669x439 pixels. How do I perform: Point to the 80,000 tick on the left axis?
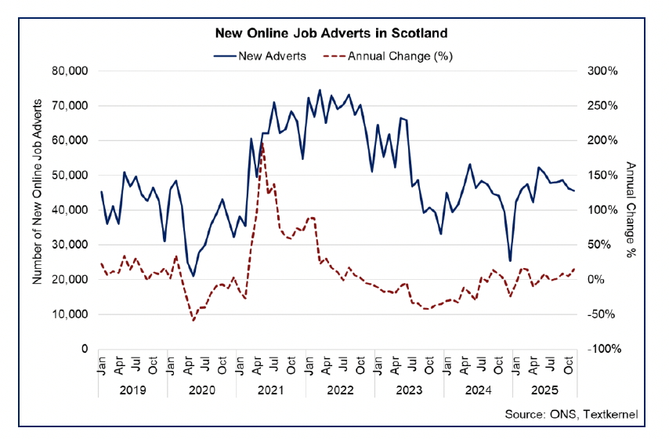71,71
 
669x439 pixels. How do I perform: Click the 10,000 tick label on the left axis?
71,314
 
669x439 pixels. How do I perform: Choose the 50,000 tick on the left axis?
71,175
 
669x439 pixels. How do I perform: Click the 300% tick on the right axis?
602,71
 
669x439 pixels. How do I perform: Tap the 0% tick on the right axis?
598,279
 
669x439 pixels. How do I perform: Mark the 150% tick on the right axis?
602,175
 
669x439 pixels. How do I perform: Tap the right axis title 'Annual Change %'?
631,209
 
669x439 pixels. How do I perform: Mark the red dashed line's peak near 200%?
262,143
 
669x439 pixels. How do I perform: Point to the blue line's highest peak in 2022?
320,89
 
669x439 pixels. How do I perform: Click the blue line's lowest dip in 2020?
193,276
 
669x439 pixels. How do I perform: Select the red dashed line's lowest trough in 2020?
193,320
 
